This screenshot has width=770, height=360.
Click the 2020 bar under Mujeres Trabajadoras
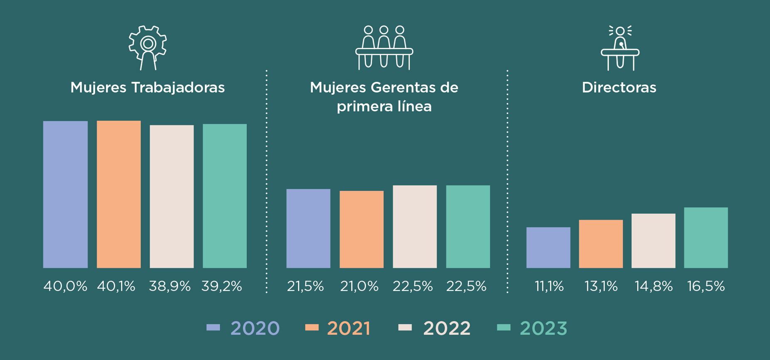[x=65, y=195]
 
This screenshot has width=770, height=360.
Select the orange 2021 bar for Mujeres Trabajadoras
[x=118, y=195]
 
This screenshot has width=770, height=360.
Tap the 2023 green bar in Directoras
[x=706, y=238]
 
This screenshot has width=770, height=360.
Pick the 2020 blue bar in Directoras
[x=548, y=248]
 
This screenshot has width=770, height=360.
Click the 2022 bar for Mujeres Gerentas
[x=415, y=227]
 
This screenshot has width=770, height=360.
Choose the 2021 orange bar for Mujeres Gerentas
[x=362, y=229]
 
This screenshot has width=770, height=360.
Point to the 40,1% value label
[x=116, y=286]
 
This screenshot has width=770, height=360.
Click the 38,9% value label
[x=170, y=286]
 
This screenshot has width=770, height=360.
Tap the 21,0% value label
[x=359, y=286]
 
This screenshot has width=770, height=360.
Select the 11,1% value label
[x=549, y=286]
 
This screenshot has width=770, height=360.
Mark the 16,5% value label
[x=706, y=286]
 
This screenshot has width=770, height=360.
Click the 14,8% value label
[x=654, y=286]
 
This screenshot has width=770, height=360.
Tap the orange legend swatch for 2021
[x=312, y=328]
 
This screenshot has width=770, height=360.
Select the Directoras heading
[x=619, y=88]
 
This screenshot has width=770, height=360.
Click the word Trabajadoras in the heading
[x=178, y=88]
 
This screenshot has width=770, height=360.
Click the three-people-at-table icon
[x=384, y=47]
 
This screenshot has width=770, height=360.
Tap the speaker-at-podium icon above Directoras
[x=620, y=48]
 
